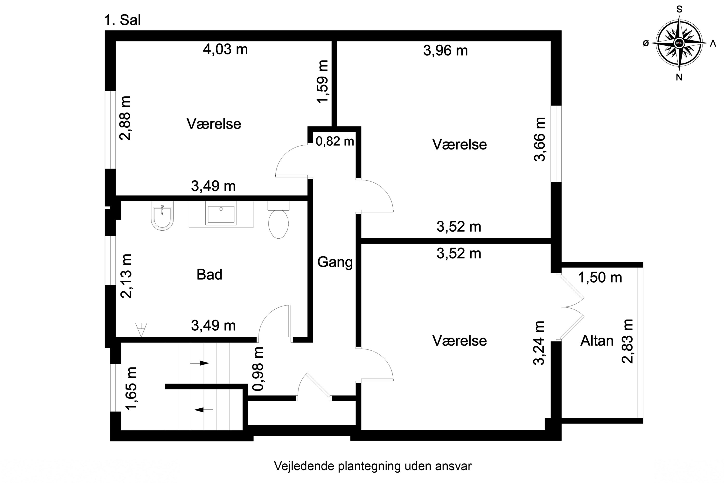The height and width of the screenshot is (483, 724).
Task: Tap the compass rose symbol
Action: (679, 43)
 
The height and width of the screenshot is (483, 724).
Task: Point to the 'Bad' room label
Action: (209, 274)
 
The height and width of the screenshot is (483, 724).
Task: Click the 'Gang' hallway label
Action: (335, 262)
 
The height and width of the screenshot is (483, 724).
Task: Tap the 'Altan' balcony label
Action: (597, 341)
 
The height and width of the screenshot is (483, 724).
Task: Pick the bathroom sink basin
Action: (221, 214)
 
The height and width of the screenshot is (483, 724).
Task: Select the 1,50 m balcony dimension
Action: (600, 277)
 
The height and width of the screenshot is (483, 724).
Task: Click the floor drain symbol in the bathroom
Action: (141, 330)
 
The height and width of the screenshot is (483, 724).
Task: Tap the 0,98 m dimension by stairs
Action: (258, 369)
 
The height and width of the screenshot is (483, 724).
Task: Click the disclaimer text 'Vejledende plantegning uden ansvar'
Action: (372, 466)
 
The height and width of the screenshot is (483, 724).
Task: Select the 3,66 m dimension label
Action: (540, 139)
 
